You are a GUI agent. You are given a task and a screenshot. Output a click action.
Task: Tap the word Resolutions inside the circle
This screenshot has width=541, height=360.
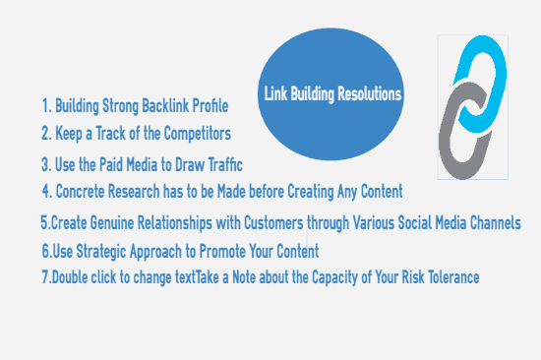pyautogui.click(x=366, y=95)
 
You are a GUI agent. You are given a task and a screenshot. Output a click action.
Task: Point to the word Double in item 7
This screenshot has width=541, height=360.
pyautogui.click(x=73, y=277)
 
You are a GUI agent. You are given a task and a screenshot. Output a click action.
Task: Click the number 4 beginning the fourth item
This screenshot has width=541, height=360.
pyautogui.click(x=45, y=190)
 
